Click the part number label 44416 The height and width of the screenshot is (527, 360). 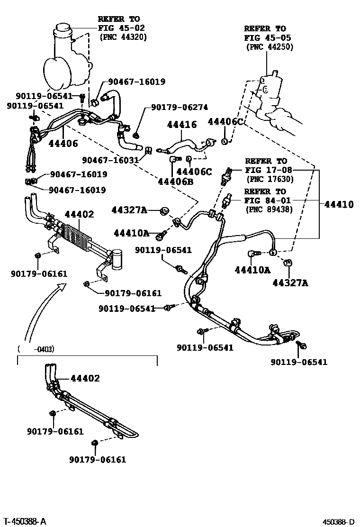(x=181, y=125)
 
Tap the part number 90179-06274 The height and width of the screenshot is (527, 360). (x=180, y=108)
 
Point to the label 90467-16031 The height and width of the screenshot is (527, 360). (x=110, y=160)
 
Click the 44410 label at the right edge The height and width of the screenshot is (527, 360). (x=339, y=205)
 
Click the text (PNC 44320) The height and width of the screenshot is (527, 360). (x=123, y=36)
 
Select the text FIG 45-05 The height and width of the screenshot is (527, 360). (x=268, y=38)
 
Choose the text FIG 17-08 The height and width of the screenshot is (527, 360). (x=269, y=170)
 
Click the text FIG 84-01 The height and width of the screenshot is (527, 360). (x=268, y=200)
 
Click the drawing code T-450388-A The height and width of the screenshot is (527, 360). (x=24, y=522)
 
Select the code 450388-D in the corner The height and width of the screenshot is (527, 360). (x=338, y=522)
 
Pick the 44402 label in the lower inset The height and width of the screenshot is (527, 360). (x=85, y=378)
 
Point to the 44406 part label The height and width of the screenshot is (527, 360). (x=63, y=143)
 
